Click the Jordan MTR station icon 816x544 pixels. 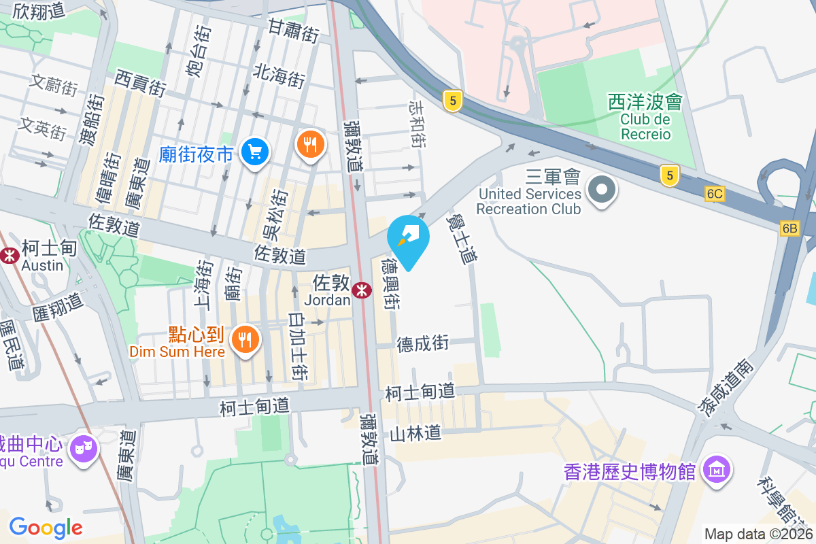(x=362, y=290)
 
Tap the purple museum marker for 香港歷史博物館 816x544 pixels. (x=717, y=470)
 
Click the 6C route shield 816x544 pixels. (x=715, y=194)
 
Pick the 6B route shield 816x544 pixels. (x=789, y=228)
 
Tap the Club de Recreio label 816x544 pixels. (x=645, y=126)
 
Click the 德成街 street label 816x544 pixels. (x=423, y=344)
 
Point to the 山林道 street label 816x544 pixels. (x=415, y=432)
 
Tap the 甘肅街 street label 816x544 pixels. (x=293, y=31)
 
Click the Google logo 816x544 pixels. (x=46, y=528)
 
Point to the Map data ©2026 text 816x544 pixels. (x=759, y=534)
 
